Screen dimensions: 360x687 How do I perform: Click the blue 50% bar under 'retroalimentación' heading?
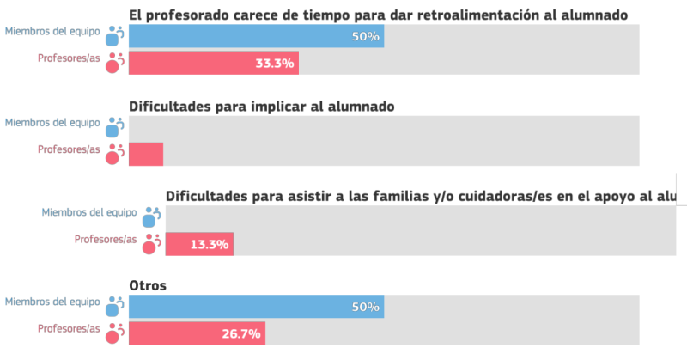(256, 37)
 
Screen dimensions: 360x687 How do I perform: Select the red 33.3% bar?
(213, 63)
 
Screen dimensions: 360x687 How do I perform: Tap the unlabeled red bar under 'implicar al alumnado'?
(145, 154)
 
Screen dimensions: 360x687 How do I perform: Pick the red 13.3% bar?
(198, 244)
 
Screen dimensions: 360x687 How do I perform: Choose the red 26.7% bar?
(197, 333)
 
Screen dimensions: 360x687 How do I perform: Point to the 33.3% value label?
(275, 63)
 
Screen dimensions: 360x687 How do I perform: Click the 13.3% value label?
(209, 244)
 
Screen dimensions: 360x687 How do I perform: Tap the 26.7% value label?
(240, 333)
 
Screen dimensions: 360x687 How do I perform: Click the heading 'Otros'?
(147, 284)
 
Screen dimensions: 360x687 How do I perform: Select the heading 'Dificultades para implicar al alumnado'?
(261, 107)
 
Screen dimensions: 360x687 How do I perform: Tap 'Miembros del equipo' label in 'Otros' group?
(52, 302)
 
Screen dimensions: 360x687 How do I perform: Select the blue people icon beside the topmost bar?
(114, 36)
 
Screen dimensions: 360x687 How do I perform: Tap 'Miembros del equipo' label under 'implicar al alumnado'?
(52, 123)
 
